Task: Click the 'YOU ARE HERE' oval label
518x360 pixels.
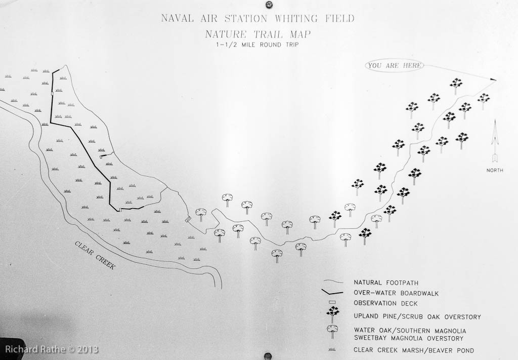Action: coord(395,65)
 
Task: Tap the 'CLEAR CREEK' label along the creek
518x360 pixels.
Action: coord(95,255)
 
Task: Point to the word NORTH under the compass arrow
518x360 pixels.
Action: coord(495,170)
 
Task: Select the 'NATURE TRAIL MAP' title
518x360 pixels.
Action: coord(257,34)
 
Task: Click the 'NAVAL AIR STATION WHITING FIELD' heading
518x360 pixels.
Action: coord(257,18)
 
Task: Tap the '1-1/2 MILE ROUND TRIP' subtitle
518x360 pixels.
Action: coord(257,45)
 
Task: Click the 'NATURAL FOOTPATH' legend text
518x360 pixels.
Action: coord(386,283)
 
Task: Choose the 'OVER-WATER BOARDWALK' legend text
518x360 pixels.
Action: coord(396,293)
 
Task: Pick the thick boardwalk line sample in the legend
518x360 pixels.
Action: coord(332,292)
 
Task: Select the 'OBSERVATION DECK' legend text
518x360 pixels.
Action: coord(385,303)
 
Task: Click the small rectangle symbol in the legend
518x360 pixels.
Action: coord(332,302)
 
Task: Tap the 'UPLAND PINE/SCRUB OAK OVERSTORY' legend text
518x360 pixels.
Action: coord(417,316)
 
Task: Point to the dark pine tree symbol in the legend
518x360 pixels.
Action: coord(333,314)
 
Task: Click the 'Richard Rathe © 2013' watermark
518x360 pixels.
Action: coord(52,349)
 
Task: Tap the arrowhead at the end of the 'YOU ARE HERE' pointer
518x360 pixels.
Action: coord(494,79)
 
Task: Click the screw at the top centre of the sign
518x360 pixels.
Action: coord(268,4)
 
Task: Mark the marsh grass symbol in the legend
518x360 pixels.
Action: coord(332,349)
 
